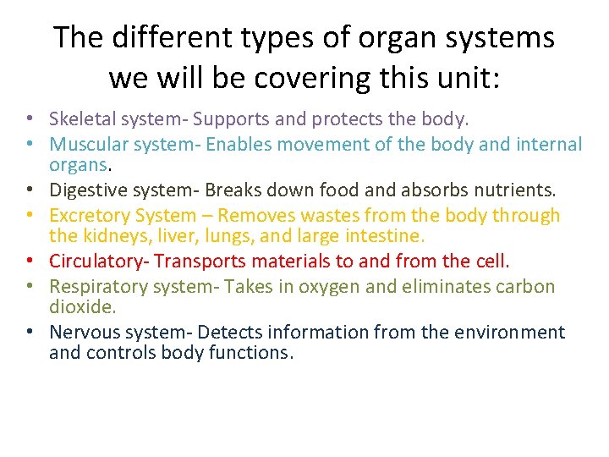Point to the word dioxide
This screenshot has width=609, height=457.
81,306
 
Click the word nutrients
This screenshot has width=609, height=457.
516,190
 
